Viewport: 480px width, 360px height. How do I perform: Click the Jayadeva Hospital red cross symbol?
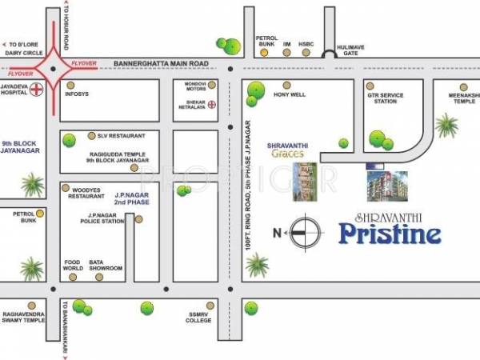pos(35,91)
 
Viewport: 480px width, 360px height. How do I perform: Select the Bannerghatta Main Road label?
pos(161,62)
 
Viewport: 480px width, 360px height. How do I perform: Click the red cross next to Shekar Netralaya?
pos(212,105)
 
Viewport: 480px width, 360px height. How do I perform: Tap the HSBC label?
pos(306,42)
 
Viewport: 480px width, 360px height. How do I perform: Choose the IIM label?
pos(286,42)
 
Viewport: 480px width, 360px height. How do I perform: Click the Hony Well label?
pos(290,94)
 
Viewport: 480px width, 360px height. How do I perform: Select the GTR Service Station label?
pos(382,98)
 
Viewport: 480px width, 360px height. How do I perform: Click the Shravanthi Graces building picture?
pos(304,180)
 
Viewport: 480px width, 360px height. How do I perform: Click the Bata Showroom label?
pos(106,265)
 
